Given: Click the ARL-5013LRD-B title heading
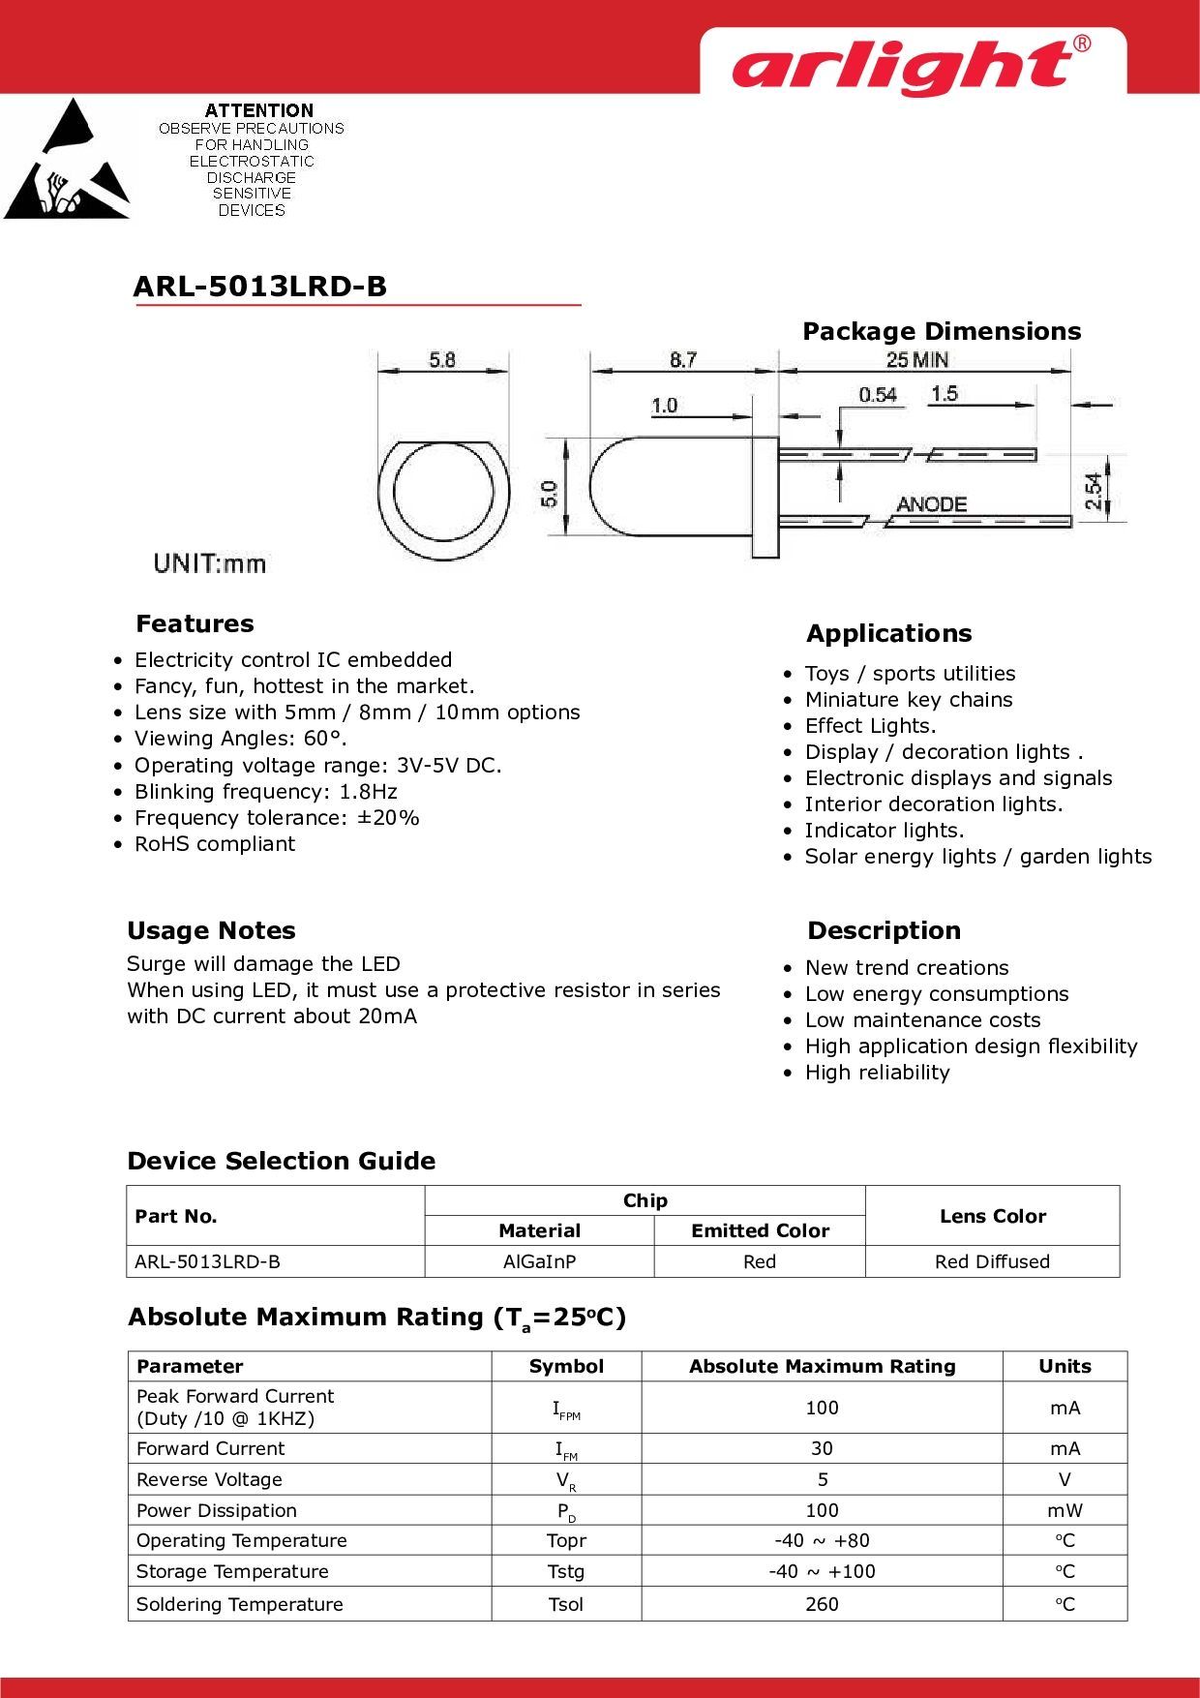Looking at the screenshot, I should [259, 287].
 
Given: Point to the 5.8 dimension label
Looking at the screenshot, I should [442, 359].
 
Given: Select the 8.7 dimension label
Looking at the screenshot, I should [683, 359].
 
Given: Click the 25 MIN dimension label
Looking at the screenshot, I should [917, 359].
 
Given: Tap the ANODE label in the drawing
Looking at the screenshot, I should [931, 504].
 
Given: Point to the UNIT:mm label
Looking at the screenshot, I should [209, 563].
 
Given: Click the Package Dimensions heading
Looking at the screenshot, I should [942, 331].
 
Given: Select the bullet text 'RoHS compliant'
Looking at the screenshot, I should [215, 844].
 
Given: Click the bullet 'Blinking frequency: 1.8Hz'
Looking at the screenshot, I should [266, 792].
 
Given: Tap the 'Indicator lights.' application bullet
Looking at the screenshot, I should [885, 831].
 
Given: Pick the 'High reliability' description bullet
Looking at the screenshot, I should [878, 1073].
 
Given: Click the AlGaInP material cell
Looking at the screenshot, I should [539, 1261].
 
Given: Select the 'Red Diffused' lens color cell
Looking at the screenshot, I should [992, 1261].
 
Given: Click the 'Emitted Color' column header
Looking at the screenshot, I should [760, 1230].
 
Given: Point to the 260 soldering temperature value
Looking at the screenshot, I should [822, 1604].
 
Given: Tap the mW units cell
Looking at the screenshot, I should [1065, 1510].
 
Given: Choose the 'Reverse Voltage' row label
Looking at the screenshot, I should [209, 1479].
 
